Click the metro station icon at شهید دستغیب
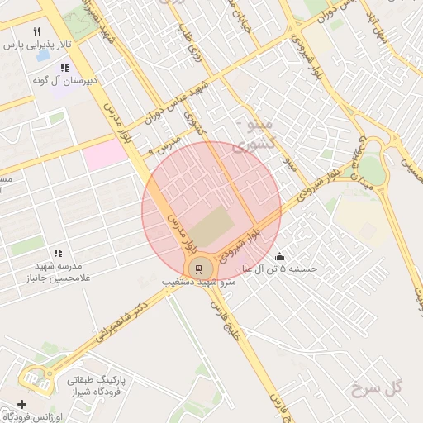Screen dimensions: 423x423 [x=199, y=268]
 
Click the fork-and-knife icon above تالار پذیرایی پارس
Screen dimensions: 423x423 [x=36, y=31]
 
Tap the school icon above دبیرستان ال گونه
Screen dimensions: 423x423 [x=64, y=67]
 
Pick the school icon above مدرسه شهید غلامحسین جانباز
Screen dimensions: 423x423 [x=58, y=253]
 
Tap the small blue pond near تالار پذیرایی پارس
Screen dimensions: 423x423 [x=40, y=58]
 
